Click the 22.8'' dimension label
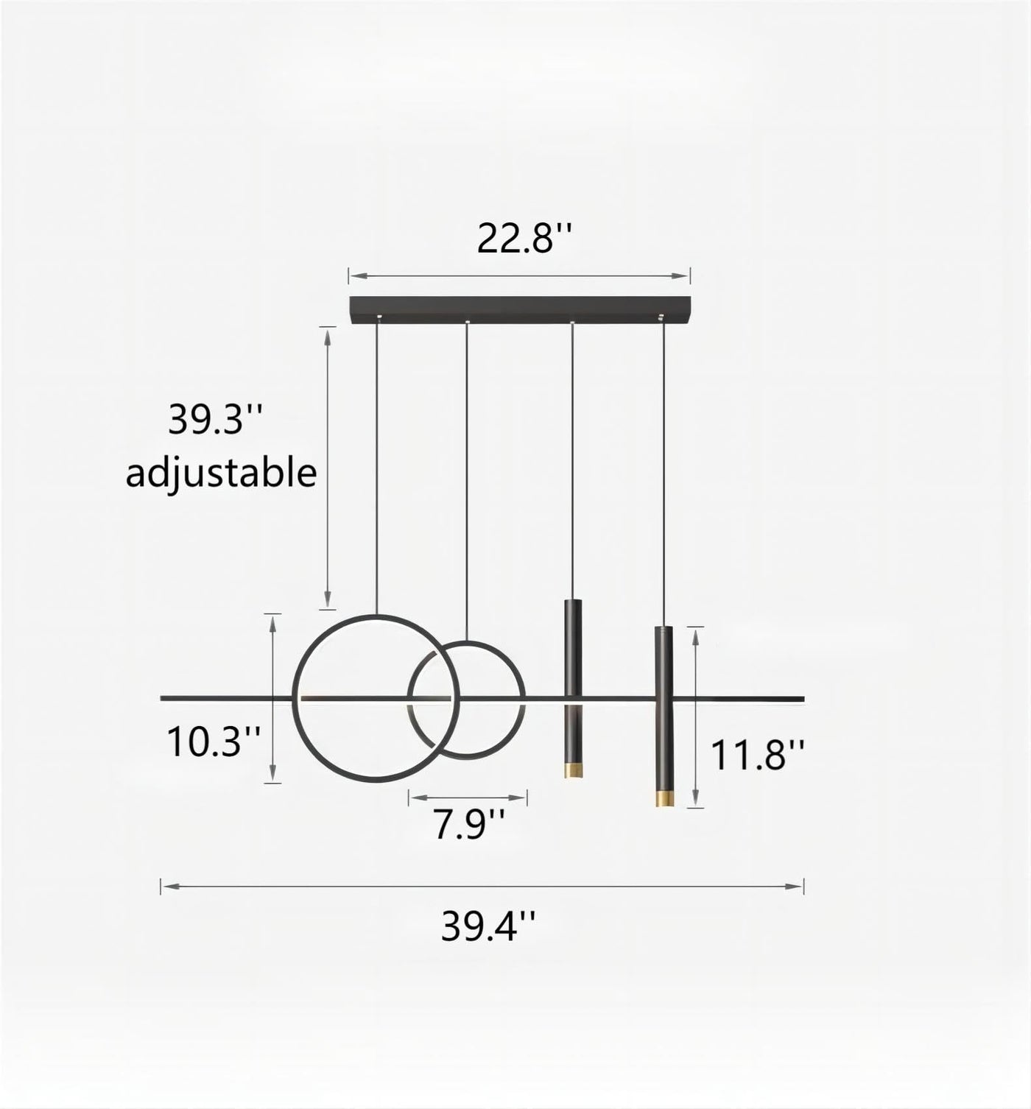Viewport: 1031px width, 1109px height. (525, 239)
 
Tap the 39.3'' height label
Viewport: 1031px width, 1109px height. (214, 419)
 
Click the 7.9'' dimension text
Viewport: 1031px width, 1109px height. (469, 824)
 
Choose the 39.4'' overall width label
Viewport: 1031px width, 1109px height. (489, 926)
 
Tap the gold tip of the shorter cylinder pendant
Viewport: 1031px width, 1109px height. (573, 769)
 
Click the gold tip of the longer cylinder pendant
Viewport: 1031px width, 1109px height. (664, 798)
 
